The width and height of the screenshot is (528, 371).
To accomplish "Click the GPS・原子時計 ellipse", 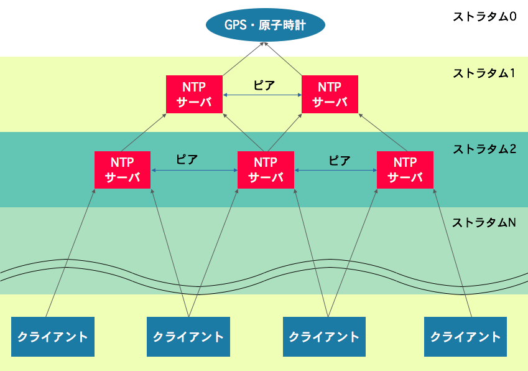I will click(x=266, y=26).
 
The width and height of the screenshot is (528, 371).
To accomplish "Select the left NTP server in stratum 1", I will click(x=195, y=95).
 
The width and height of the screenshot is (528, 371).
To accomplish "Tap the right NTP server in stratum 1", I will click(x=330, y=95).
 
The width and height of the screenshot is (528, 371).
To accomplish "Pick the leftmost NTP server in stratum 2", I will click(x=123, y=170).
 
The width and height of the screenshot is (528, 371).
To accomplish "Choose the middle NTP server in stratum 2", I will click(x=266, y=170).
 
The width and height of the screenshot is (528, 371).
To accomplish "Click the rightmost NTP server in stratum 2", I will click(x=405, y=170).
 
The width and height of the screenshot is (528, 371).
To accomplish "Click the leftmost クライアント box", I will click(x=53, y=337).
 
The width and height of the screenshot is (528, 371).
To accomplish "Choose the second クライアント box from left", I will click(x=188, y=337).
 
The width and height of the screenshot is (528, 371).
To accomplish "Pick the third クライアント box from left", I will click(x=324, y=337).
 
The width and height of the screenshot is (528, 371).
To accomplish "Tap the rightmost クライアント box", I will click(x=465, y=337).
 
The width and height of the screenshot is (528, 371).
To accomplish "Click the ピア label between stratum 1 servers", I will click(x=264, y=86).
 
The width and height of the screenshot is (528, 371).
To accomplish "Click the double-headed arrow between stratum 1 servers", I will click(x=262, y=95).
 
